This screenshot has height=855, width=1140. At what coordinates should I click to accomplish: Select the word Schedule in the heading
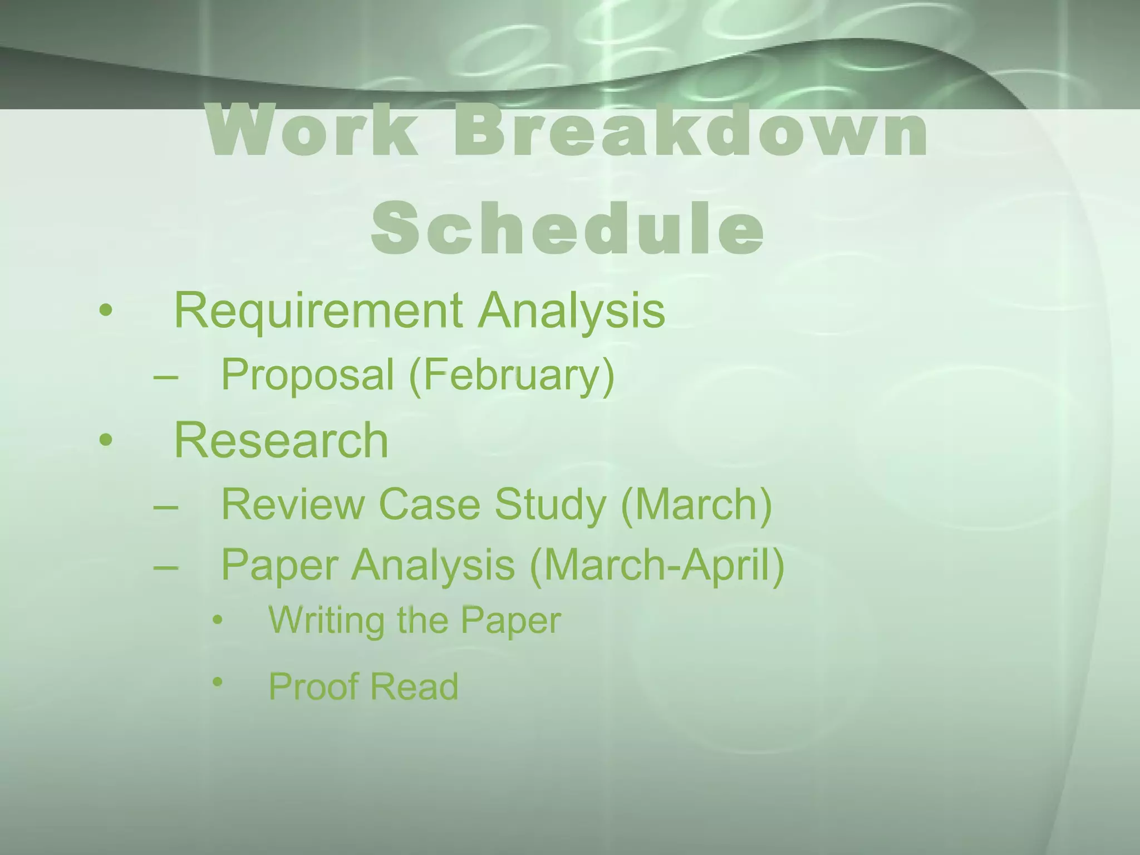[567, 228]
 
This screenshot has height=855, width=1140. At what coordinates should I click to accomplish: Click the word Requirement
[318, 311]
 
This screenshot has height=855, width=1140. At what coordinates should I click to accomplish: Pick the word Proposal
[307, 375]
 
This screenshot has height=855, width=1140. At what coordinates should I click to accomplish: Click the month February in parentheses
[512, 375]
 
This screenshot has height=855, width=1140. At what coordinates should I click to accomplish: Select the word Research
[281, 440]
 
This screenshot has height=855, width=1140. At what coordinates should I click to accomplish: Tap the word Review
[292, 504]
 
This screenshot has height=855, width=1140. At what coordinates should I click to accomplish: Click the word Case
[429, 504]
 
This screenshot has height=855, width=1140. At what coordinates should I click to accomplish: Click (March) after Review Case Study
[696, 504]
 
